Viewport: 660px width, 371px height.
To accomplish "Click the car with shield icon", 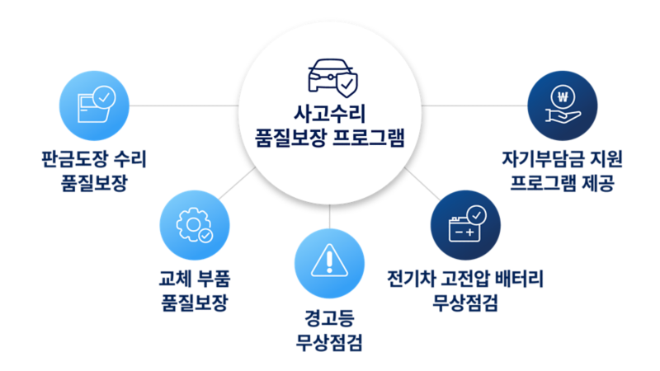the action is pos(332,77).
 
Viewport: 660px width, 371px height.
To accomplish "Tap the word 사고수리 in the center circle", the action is pos(329,113).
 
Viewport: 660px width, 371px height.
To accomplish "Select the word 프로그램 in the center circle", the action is pos(368,137).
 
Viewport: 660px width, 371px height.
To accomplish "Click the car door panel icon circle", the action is pos(94,106).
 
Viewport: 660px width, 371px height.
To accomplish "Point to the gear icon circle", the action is pos(195,225).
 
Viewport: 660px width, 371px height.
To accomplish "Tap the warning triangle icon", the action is pos(329,261).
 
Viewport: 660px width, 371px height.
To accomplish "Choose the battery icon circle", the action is pos(465,225).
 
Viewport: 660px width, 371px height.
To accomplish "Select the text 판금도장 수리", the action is pos(94,159).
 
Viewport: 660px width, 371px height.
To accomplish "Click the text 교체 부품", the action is pos(195,279).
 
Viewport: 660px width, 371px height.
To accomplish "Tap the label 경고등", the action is pos(329,317).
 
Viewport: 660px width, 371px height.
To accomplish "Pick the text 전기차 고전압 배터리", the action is pos(465,279).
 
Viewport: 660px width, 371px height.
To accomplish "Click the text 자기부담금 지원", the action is pos(563,159).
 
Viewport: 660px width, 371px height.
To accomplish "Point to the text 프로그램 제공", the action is pos(563,182).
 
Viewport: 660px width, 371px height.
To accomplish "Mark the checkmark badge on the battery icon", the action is pos(477,215).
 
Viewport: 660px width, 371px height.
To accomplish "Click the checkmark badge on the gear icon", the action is pos(205,236).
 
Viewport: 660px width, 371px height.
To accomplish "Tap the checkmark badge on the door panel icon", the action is pos(104,97).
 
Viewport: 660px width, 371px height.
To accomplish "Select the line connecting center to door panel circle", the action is pos(184,106).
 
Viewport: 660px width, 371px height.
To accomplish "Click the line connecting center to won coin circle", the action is pos(474,106).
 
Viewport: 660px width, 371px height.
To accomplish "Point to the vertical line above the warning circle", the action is pos(329,217).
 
